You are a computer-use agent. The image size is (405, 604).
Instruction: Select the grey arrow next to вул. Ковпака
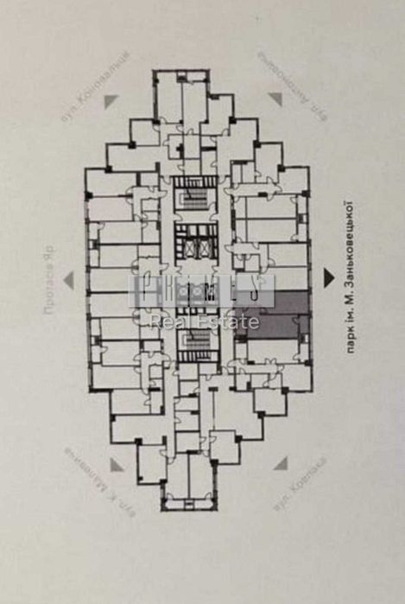point(281,464)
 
